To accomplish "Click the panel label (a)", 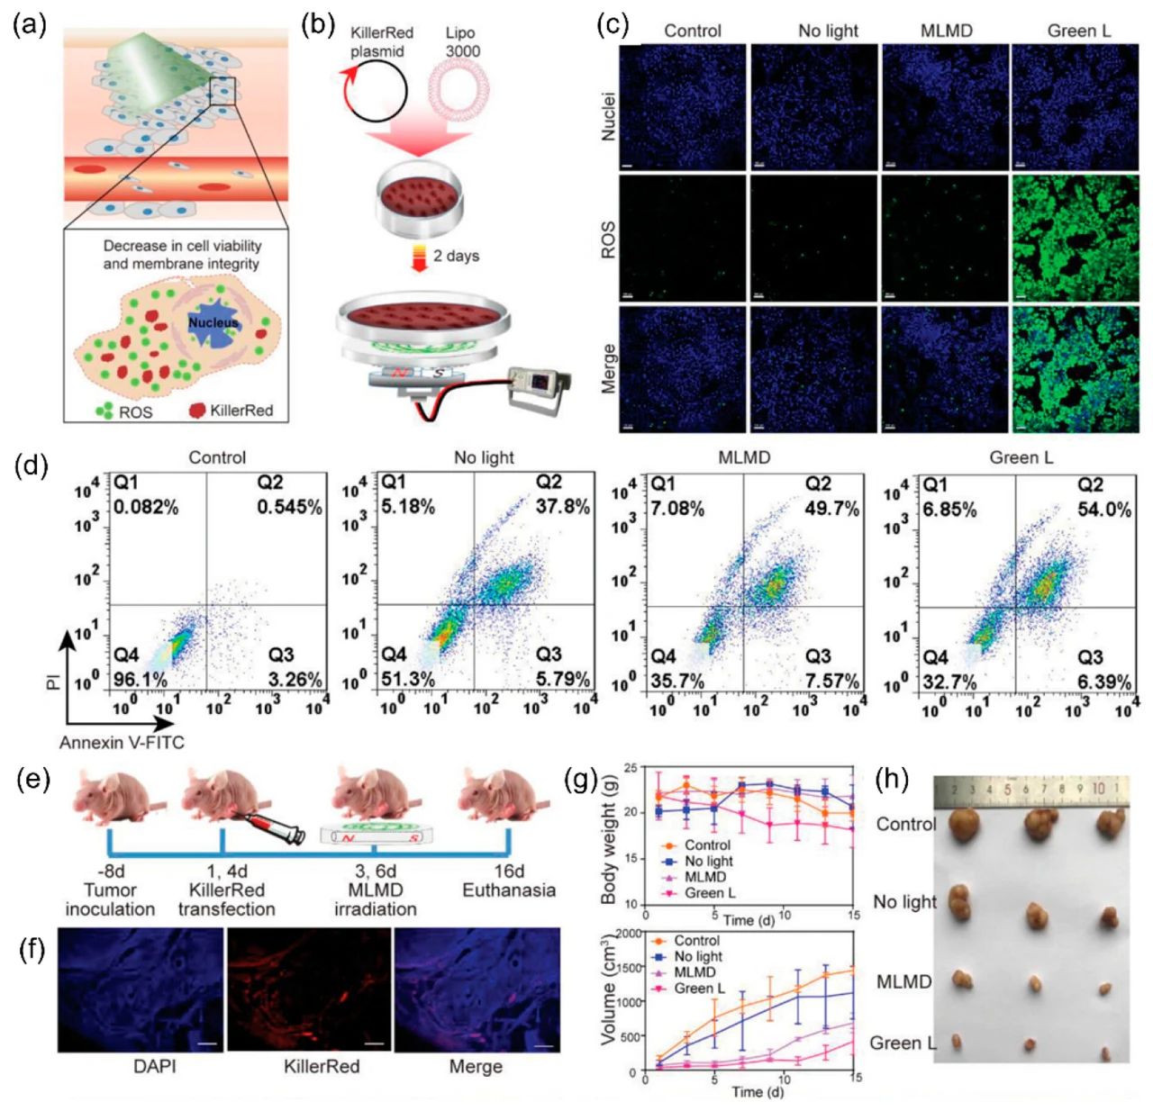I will [30, 24].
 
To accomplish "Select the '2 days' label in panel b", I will [456, 256].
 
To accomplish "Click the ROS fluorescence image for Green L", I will [1075, 239].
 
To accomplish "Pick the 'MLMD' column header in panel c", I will [946, 31].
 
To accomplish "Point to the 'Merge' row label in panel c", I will [609, 368].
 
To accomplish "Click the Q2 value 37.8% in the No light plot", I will [563, 506].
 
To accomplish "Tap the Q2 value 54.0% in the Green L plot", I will [1104, 510].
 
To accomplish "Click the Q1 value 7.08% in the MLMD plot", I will [676, 509].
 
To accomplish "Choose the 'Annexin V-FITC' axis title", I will [114, 743].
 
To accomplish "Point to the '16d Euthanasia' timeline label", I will [508, 881].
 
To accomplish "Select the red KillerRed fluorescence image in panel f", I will [308, 990].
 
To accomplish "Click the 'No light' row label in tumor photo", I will [904, 902].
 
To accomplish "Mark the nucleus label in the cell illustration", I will [213, 322].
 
